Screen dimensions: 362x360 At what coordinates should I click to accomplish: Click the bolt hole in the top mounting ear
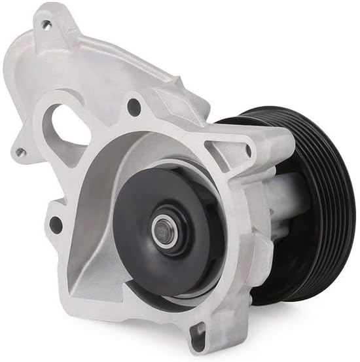click(x=46, y=25)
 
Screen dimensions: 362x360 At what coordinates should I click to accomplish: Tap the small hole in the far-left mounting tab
click(x=21, y=152)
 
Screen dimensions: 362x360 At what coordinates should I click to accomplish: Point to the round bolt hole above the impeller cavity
click(x=135, y=104)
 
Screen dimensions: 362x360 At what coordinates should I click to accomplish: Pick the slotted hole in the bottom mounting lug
click(x=197, y=338)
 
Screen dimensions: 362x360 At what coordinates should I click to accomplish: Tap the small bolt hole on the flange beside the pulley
click(x=247, y=150)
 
